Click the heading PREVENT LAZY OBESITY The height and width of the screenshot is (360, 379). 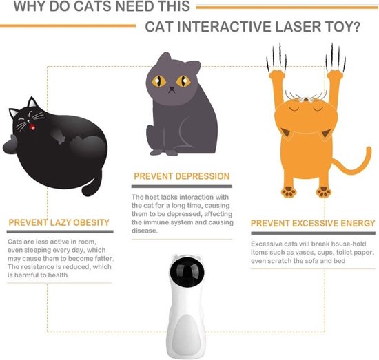(59, 223)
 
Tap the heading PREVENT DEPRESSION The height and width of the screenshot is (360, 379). (181, 177)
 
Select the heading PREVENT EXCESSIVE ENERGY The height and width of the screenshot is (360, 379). (312, 224)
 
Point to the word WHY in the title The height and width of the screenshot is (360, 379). (30, 8)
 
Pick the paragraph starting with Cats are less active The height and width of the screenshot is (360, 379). (59, 259)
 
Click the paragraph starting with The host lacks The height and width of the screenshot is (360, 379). (181, 213)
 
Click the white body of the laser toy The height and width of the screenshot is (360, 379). (189, 324)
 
